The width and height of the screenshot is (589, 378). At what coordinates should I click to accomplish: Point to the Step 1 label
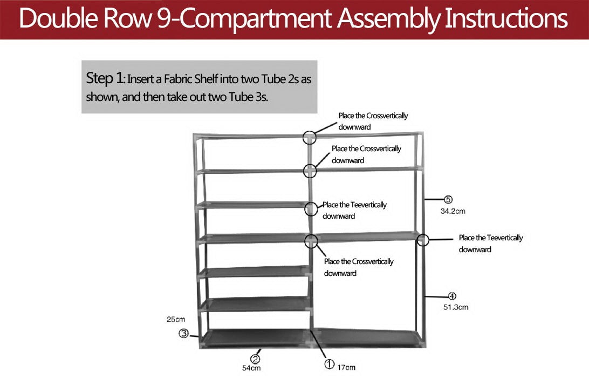tap(105, 78)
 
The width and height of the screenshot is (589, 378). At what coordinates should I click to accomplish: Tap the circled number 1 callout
tap(329, 364)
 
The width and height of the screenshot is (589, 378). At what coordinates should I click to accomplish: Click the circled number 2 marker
tap(255, 359)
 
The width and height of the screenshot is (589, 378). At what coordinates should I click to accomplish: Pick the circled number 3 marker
tap(183, 334)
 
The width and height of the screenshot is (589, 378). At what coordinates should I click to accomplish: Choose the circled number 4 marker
tap(453, 296)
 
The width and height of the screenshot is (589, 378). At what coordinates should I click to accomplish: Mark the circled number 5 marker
tap(448, 200)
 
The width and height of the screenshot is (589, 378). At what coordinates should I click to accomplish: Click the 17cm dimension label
tap(347, 368)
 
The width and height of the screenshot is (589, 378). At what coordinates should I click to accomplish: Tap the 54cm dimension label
tap(251, 369)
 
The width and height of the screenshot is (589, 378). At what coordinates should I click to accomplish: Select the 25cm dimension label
tap(175, 319)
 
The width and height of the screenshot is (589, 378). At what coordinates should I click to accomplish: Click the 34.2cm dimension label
tap(453, 211)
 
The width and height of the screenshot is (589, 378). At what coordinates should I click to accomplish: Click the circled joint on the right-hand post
tap(422, 240)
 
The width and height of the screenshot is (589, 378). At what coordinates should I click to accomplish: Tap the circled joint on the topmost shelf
tap(309, 137)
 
